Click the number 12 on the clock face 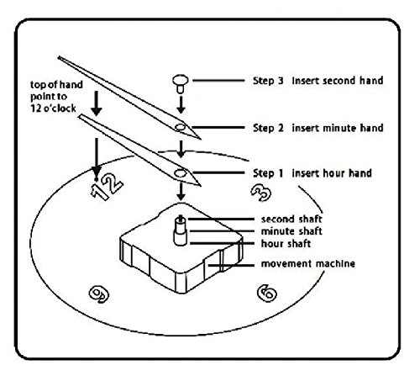pyautogui.click(x=107, y=186)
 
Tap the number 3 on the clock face pyautogui.click(x=261, y=193)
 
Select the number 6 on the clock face pyautogui.click(x=267, y=293)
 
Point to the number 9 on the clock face pyautogui.click(x=99, y=294)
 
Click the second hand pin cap pyautogui.click(x=181, y=83)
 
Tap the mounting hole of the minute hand pyautogui.click(x=181, y=127)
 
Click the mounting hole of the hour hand pyautogui.click(x=180, y=173)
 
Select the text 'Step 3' pyautogui.click(x=268, y=81)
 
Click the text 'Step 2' pyautogui.click(x=268, y=128)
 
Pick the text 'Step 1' pyautogui.click(x=268, y=173)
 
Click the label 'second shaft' pyautogui.click(x=291, y=219)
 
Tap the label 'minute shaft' pyautogui.click(x=291, y=231)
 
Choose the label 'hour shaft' pyautogui.click(x=286, y=243)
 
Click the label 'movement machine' pyautogui.click(x=308, y=263)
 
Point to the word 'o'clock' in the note pyautogui.click(x=61, y=108)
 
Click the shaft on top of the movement pyautogui.click(x=181, y=230)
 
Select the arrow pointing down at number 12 pyautogui.click(x=97, y=158)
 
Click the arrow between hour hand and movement pyautogui.click(x=181, y=191)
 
